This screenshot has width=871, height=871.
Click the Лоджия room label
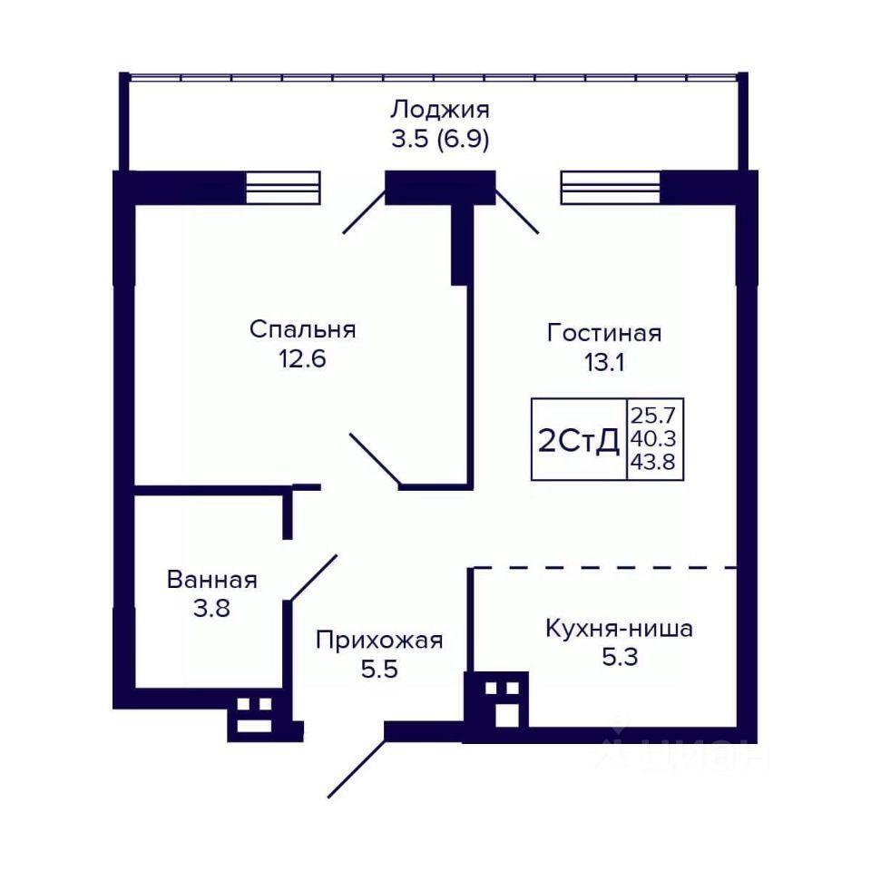[440, 110]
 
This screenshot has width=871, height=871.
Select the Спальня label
[302, 329]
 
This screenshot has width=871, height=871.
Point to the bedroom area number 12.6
[302, 359]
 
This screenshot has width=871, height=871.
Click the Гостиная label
[604, 333]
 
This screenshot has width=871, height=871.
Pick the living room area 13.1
[604, 362]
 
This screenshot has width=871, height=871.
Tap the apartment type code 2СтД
[580, 442]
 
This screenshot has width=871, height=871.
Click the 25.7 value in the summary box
[652, 415]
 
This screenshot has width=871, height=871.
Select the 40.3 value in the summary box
[652, 439]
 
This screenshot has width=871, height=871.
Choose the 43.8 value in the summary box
[652, 462]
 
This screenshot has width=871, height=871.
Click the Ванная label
[211, 580]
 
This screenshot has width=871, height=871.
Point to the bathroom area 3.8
[211, 609]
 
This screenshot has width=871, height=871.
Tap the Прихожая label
[379, 641]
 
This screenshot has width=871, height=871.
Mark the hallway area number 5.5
[379, 670]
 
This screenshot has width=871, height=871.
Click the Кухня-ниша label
[620, 629]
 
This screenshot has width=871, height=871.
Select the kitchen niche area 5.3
[620, 658]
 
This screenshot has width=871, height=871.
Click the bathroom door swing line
[314, 577]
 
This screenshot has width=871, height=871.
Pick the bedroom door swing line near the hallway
[375, 459]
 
